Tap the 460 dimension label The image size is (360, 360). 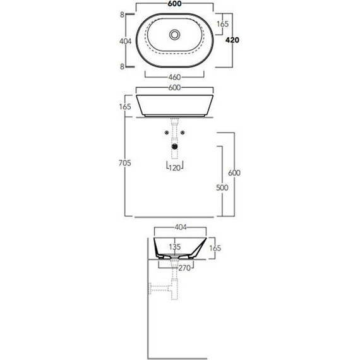point(175,78)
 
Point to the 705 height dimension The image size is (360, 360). point(124,163)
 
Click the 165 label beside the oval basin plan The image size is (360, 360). point(222,24)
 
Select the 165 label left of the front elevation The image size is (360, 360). point(124,106)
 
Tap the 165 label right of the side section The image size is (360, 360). point(215,248)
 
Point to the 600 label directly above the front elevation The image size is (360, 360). point(175,88)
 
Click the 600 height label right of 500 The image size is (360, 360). point(235,173)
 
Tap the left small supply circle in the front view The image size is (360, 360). point(166,133)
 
